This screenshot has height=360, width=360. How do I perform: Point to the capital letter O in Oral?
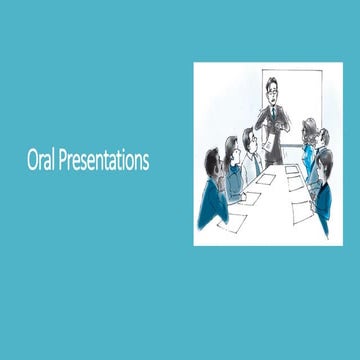click(31, 159)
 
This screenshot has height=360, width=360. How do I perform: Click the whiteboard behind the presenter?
click(295, 100)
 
